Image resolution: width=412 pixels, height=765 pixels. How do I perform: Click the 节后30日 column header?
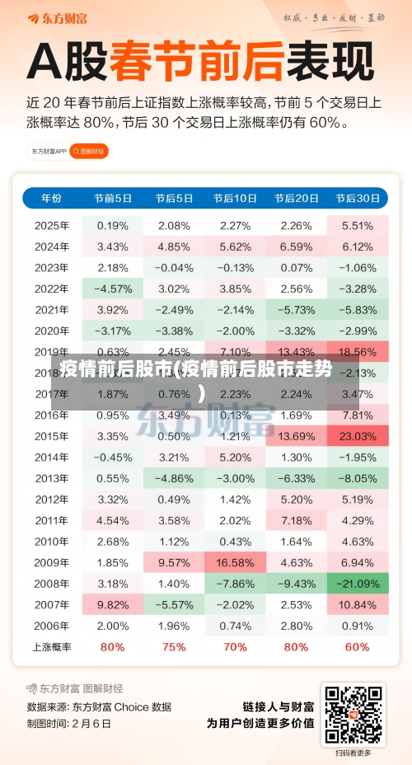click(x=358, y=199)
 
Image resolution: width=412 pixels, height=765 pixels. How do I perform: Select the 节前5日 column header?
click(x=113, y=199)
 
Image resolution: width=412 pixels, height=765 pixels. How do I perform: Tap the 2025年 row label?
click(x=51, y=225)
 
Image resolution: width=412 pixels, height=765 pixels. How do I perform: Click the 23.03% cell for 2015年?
click(x=358, y=435)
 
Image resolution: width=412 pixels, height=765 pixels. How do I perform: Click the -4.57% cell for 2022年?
click(x=113, y=289)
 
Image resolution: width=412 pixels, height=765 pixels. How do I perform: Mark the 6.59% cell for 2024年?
click(x=297, y=246)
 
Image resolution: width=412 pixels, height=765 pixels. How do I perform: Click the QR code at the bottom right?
click(x=353, y=714)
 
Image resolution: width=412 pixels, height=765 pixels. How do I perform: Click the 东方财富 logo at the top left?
click(x=54, y=17)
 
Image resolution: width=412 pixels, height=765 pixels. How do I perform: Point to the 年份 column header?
click(x=51, y=199)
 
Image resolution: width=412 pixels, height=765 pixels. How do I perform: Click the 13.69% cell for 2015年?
click(x=297, y=435)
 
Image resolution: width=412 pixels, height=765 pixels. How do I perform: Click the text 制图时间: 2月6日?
click(x=69, y=723)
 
